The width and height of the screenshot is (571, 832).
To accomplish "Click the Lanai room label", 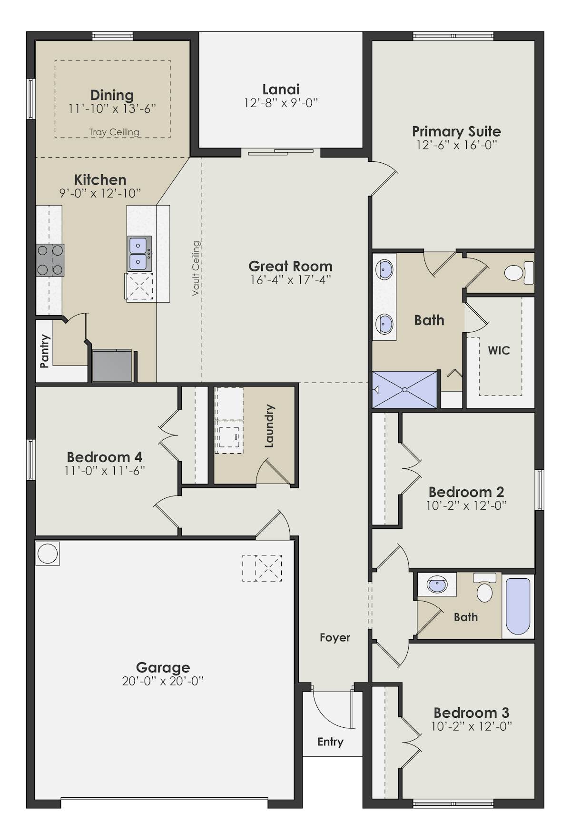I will coord(281,89).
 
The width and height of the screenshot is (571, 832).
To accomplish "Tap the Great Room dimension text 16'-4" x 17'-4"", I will coord(290,280).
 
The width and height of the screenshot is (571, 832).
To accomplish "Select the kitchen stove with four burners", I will coord(50,260).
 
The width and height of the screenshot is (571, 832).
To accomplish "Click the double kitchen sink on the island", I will coord(139,254).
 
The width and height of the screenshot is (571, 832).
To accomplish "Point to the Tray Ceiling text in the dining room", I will coord(114,132).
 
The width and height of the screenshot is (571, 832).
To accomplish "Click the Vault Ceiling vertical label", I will coord(196,268).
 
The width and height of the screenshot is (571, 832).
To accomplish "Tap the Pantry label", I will coord(44,351).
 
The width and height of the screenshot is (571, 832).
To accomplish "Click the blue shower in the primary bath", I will coord(404,390).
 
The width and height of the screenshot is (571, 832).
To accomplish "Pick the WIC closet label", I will coord(499,351).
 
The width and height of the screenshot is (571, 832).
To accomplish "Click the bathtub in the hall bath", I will coord(518,606).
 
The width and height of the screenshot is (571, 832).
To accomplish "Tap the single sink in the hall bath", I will coord(437,584).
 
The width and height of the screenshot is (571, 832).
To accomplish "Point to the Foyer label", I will coord(335,637).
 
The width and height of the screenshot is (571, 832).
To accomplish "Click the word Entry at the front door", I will coord(330,742).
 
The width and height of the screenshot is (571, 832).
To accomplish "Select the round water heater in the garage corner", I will coord(48,554).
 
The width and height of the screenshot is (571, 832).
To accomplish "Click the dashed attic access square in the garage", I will coord(262,568).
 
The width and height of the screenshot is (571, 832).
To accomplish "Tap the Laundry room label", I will coord(269,426).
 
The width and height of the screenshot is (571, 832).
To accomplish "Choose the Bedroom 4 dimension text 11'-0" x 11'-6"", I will coord(105,471).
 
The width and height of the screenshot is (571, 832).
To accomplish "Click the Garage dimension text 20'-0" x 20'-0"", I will coord(163,681).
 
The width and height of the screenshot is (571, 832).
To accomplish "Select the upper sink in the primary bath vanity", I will coord(384,270).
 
